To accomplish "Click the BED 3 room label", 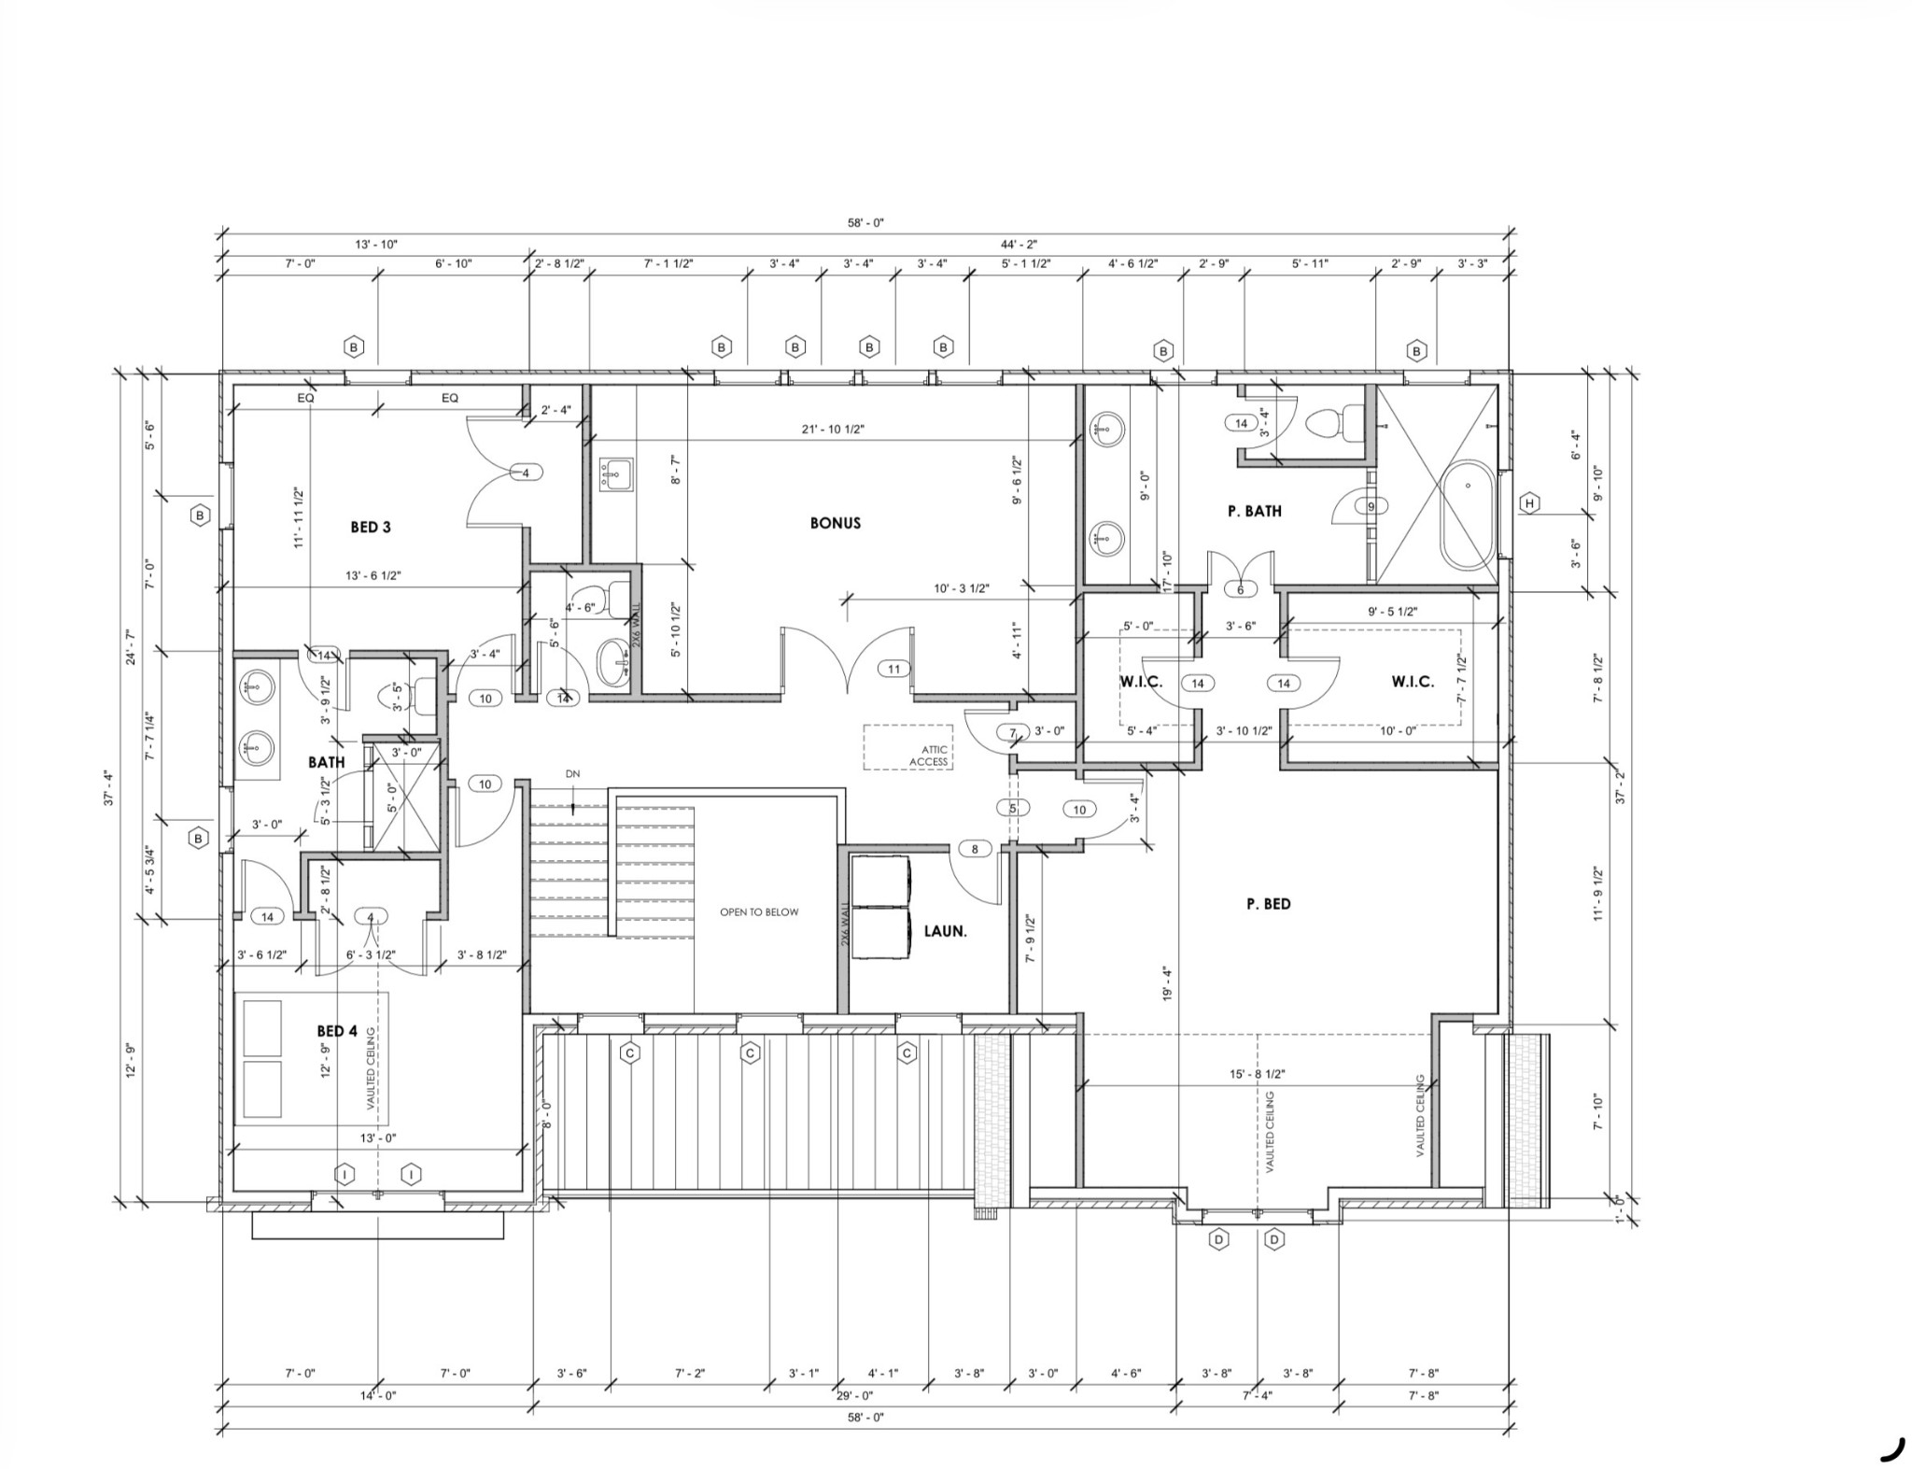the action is (370, 528).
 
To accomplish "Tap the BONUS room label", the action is (835, 523).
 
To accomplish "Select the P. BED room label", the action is (1268, 904).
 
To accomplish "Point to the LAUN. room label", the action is (945, 931).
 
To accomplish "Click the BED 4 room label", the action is (337, 1031).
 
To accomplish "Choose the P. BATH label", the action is (1254, 511).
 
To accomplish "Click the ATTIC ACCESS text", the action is (929, 756).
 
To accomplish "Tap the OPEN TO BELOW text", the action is (759, 912).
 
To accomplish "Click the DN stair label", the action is (572, 774).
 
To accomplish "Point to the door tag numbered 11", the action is (894, 669).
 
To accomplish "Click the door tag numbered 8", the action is (976, 850).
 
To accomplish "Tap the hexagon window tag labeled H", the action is (1529, 503).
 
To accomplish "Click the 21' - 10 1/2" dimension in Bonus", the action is (833, 430).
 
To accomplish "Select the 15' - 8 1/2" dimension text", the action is (1257, 1074).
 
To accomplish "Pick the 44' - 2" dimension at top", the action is (1019, 244).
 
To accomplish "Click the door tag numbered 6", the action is (1241, 590).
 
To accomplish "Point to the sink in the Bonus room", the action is (615, 474).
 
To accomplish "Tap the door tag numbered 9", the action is (1371, 507).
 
